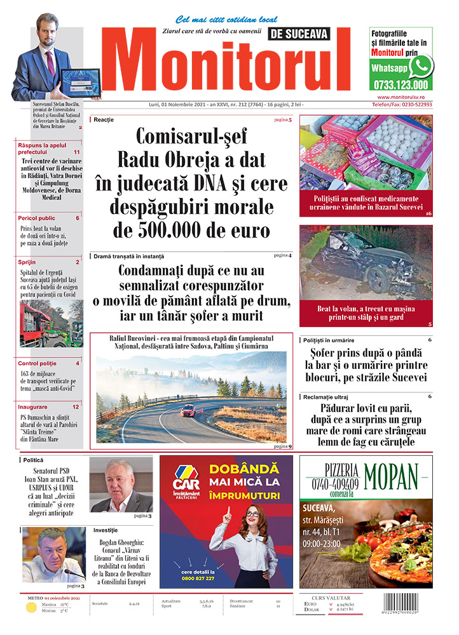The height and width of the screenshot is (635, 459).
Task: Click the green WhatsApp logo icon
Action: coord(421,66)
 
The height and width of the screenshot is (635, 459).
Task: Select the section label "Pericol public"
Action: coord(38,218)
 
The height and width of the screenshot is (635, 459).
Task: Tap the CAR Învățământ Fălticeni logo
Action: coord(186,483)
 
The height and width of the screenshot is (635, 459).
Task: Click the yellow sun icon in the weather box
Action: coord(31,608)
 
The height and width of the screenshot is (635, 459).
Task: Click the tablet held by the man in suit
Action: coord(80,81)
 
